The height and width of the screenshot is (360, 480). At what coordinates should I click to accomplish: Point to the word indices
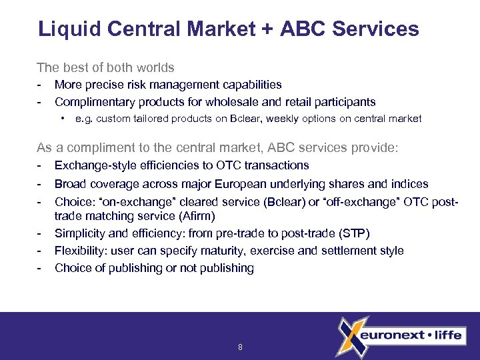409,184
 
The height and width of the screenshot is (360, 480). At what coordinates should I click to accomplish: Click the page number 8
240,347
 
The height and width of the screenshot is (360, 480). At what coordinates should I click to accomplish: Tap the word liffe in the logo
447,335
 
